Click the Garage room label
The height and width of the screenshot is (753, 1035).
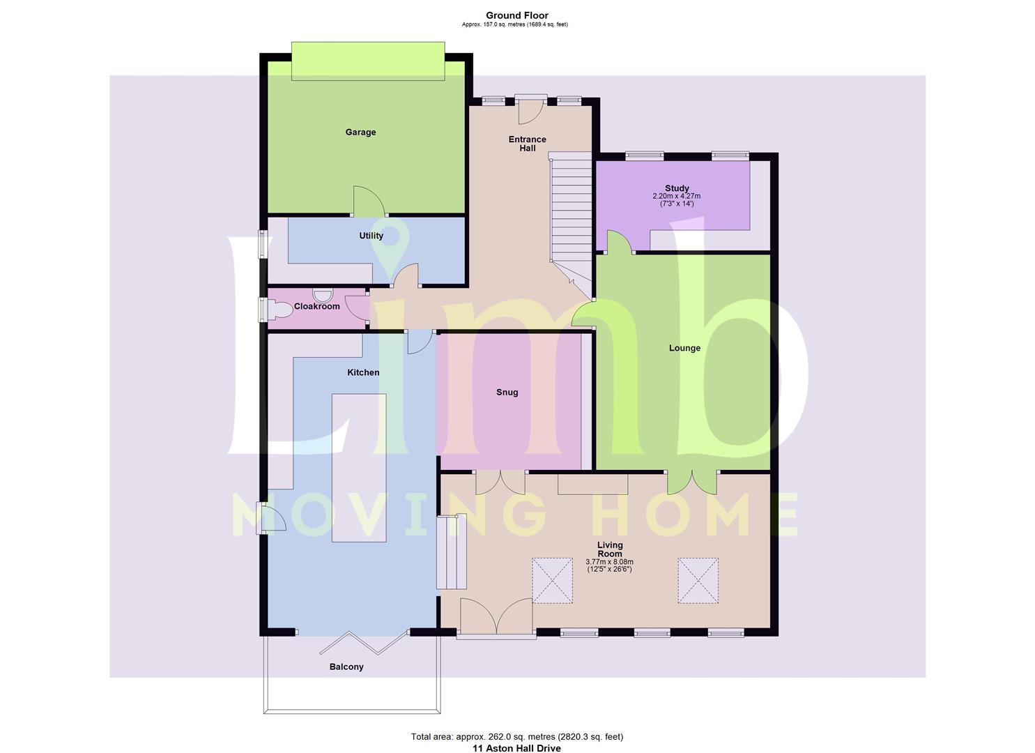tap(360, 132)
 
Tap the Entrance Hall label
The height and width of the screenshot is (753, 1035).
tap(527, 144)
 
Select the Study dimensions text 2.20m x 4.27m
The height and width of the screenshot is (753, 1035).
tap(677, 196)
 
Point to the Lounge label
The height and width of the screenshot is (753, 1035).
tap(684, 348)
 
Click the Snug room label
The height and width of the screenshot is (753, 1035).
tap(507, 393)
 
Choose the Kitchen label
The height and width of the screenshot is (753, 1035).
tap(363, 372)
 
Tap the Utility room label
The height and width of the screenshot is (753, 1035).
tap(371, 236)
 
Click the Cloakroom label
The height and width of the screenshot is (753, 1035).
tap(317, 307)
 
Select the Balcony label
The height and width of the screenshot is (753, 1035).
tap(346, 667)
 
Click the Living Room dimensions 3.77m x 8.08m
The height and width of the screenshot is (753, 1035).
tap(609, 562)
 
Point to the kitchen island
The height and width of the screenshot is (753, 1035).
tap(359, 468)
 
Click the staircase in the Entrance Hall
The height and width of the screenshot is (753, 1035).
tap(572, 218)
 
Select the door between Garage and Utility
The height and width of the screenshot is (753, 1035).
tap(369, 201)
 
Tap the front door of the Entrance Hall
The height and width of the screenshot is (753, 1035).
tap(530, 111)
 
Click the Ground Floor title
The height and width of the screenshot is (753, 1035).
tap(517, 16)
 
